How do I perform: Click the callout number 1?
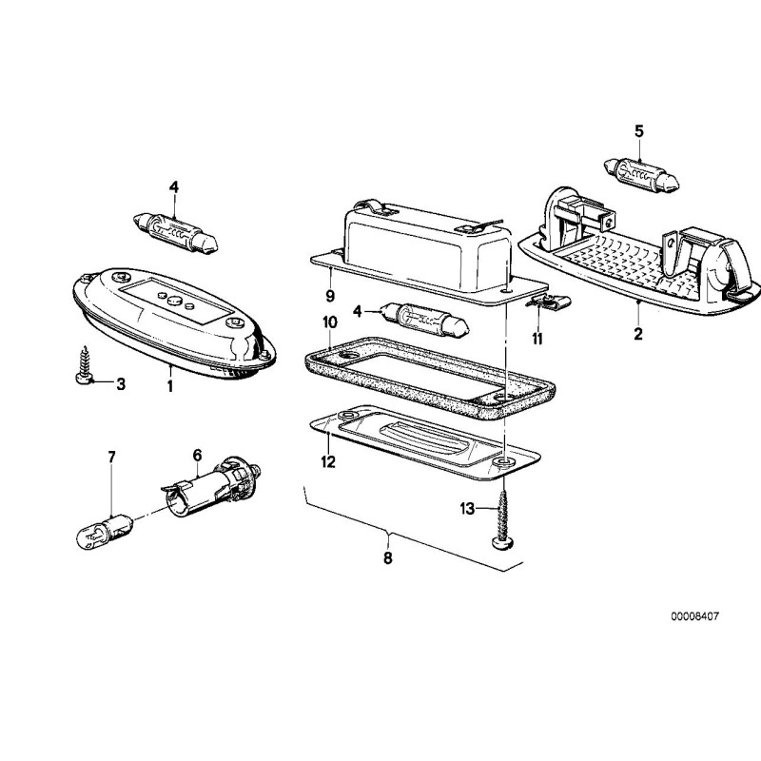(170, 387)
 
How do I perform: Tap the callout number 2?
(638, 334)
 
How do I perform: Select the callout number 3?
(121, 384)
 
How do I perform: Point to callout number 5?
(638, 131)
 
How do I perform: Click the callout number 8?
(387, 558)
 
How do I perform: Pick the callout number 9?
(330, 296)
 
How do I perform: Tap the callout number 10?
(329, 322)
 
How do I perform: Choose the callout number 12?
(328, 461)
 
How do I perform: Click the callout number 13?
(467, 509)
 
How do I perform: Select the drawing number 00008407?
(695, 616)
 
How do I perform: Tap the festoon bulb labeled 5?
(641, 175)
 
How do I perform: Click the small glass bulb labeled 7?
(105, 532)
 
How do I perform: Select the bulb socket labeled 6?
(210, 487)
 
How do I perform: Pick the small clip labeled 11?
(549, 302)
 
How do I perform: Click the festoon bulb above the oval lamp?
(175, 232)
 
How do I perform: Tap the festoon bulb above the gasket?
(426, 320)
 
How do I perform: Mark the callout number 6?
(197, 456)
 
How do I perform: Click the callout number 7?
(111, 458)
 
